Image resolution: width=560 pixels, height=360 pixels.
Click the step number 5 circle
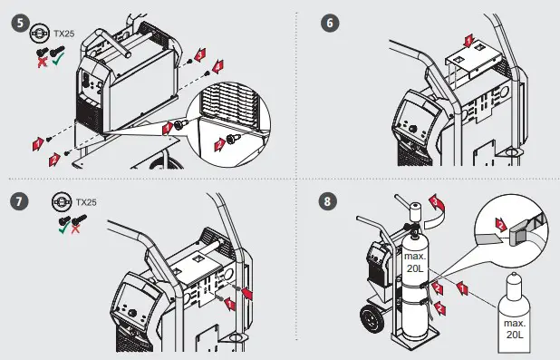[x=20, y=24]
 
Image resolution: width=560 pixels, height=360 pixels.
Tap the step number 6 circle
[x=330, y=24]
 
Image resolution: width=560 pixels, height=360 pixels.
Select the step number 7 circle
[x=19, y=201]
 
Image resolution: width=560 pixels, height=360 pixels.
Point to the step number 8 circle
[x=327, y=201]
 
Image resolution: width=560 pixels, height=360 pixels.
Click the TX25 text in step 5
[x=64, y=34]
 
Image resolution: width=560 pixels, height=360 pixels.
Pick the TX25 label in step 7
[x=86, y=202]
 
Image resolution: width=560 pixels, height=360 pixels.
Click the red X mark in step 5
[x=43, y=63]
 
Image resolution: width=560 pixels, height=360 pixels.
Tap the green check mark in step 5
[x=58, y=59]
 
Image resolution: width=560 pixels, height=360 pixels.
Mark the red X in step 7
[x=75, y=229]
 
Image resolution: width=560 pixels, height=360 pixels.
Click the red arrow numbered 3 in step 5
[x=200, y=54]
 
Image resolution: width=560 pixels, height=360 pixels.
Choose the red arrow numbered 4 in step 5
[x=217, y=66]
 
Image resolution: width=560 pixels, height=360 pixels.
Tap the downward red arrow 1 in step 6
[x=468, y=41]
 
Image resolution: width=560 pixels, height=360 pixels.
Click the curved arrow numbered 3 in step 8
[x=437, y=211]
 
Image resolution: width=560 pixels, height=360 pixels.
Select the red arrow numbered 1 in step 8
[x=462, y=288]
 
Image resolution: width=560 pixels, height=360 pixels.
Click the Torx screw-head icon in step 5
[x=39, y=33]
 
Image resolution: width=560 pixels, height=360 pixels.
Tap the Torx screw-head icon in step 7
[x=62, y=202]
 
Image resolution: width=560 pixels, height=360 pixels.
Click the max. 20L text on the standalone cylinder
[x=515, y=328]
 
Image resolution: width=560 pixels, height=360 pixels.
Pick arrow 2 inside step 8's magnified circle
[x=502, y=225]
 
